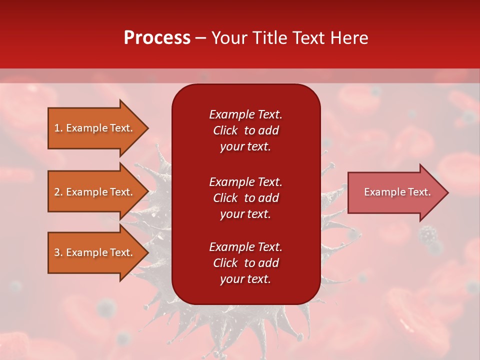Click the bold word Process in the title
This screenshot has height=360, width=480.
point(157,38)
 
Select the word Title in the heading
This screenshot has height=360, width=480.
point(270,38)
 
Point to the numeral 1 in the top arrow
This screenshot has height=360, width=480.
point(57,128)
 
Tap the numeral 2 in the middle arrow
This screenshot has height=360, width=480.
point(57,192)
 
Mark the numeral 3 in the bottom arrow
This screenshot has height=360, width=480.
point(57,252)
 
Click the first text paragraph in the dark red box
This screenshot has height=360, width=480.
point(245,130)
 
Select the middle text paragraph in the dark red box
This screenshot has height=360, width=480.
point(245,198)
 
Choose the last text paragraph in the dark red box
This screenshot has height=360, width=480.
point(245,263)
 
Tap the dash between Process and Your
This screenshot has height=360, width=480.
point(200,38)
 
